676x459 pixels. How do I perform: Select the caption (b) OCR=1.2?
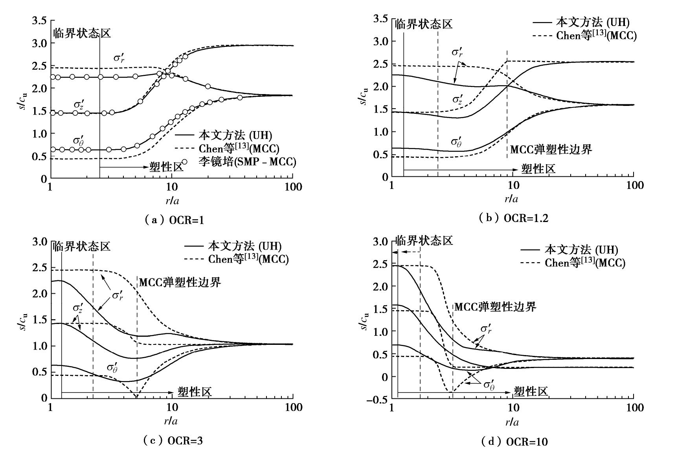(514, 218)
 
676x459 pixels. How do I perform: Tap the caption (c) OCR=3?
(173, 440)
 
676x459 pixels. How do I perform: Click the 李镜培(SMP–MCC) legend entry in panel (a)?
(247, 162)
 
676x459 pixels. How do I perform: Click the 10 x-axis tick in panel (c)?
(173, 407)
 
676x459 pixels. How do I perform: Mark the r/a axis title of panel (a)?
(172, 201)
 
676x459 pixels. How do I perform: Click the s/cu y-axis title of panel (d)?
(366, 321)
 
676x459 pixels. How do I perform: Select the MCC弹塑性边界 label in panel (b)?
(551, 150)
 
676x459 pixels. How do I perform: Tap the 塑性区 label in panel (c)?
(195, 392)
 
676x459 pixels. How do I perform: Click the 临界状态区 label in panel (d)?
(424, 241)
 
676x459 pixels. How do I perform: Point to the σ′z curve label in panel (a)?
(79, 105)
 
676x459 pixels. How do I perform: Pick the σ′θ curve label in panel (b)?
(456, 142)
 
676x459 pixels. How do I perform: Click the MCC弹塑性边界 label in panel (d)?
(495, 307)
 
